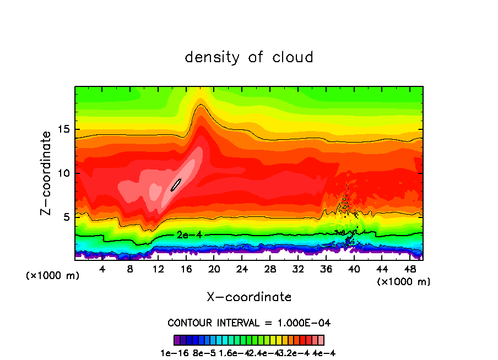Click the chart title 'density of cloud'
coord(249,57)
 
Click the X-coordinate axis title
coord(249,297)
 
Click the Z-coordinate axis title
coord(48,173)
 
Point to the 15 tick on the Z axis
coord(64,129)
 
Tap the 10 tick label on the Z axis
coord(64,173)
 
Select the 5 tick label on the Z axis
coord(67,217)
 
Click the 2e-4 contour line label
coord(189,235)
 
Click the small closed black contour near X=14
coord(176,184)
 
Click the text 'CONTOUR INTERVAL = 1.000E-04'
coord(249,323)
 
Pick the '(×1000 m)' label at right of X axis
coord(404,282)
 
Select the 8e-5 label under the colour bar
coord(204,353)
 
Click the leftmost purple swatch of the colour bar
coord(176,340)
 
